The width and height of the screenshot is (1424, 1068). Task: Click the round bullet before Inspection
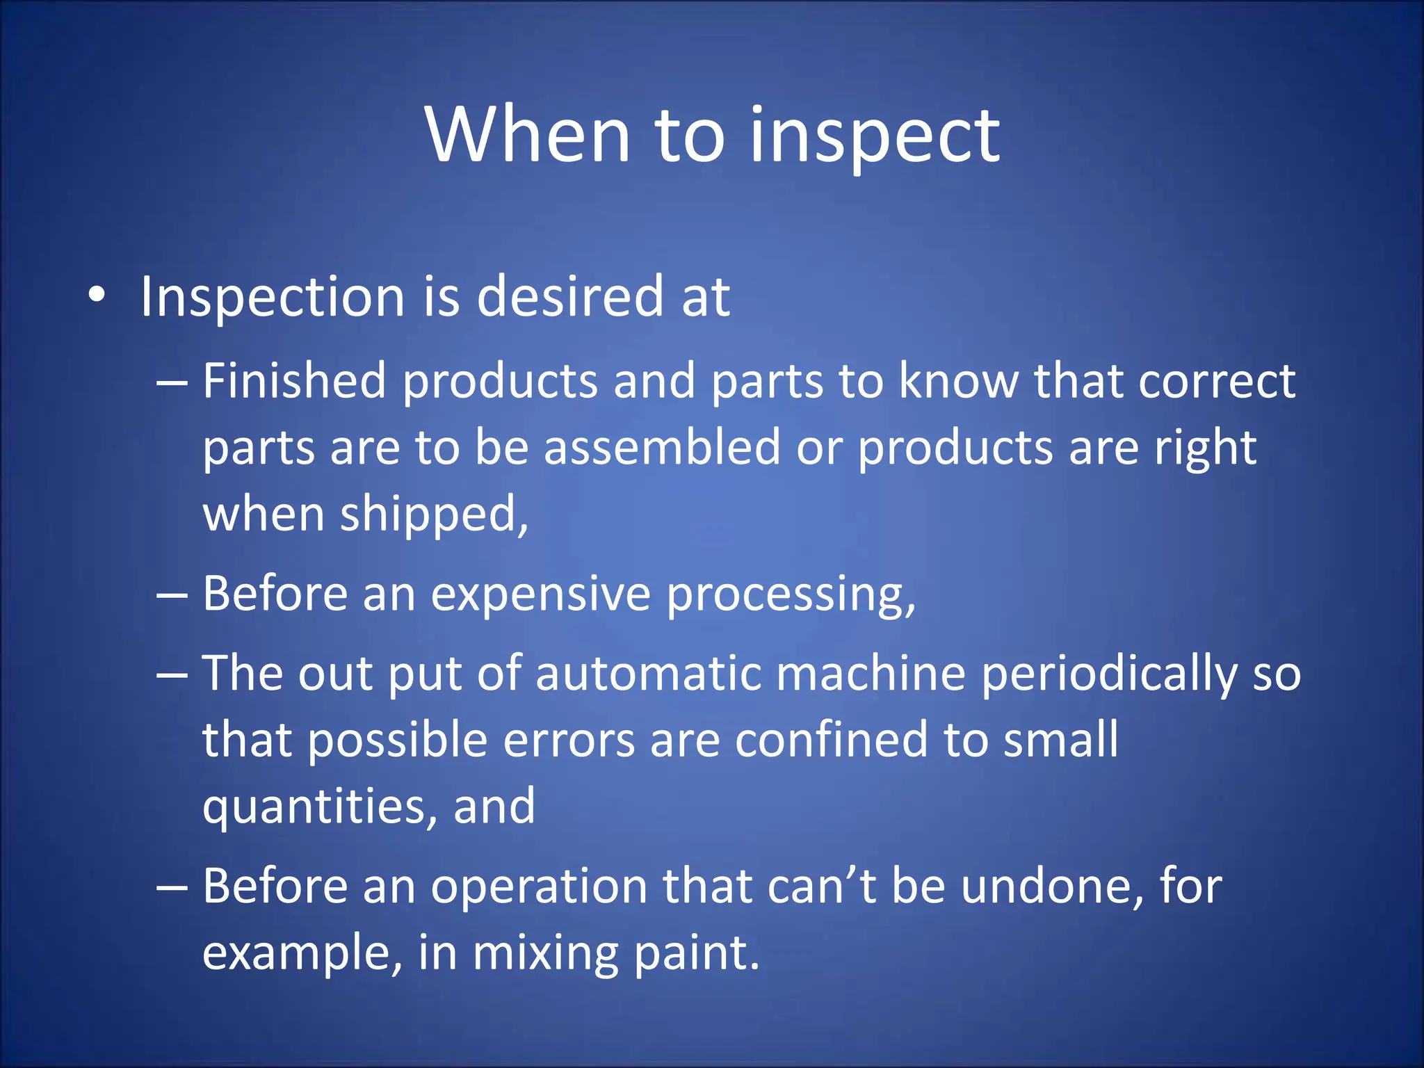point(97,296)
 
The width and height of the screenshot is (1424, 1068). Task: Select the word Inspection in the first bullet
point(272,298)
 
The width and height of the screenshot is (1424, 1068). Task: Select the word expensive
point(540,594)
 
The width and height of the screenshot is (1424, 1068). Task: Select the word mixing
point(544,953)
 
